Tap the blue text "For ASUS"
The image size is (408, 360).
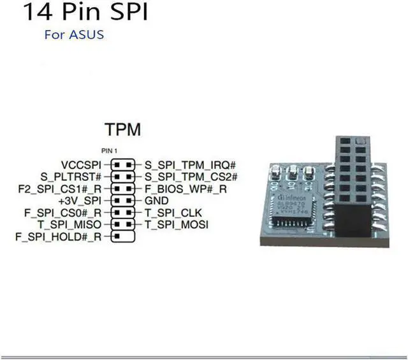[x=74, y=34]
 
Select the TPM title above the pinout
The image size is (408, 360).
[x=123, y=130]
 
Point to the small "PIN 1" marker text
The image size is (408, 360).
[x=112, y=150]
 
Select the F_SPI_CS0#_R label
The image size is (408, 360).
[x=62, y=213]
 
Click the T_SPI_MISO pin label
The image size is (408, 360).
[x=70, y=225]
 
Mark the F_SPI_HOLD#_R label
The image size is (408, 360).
[x=58, y=237]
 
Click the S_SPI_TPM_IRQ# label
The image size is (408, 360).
[x=190, y=164]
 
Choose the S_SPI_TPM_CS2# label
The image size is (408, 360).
[x=191, y=176]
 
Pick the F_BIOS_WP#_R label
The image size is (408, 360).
[x=186, y=189]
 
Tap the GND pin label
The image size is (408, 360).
[x=157, y=201]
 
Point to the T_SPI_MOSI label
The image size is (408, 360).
[x=175, y=225]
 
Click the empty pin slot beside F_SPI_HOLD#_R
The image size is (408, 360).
[x=129, y=237]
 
